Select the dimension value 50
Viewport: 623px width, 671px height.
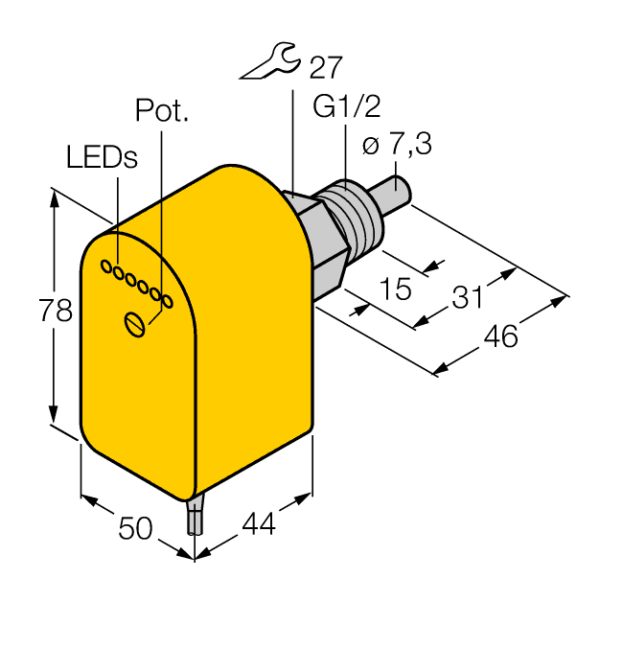coord(135,527)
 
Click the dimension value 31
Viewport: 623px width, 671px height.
coord(467,298)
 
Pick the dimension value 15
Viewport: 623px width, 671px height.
coord(392,288)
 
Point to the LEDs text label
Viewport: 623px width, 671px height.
coord(102,158)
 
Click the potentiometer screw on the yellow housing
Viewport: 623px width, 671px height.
coord(136,324)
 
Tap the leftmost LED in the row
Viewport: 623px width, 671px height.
coord(107,267)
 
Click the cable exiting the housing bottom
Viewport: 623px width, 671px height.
coord(195,518)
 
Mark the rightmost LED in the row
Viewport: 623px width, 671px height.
coord(166,303)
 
